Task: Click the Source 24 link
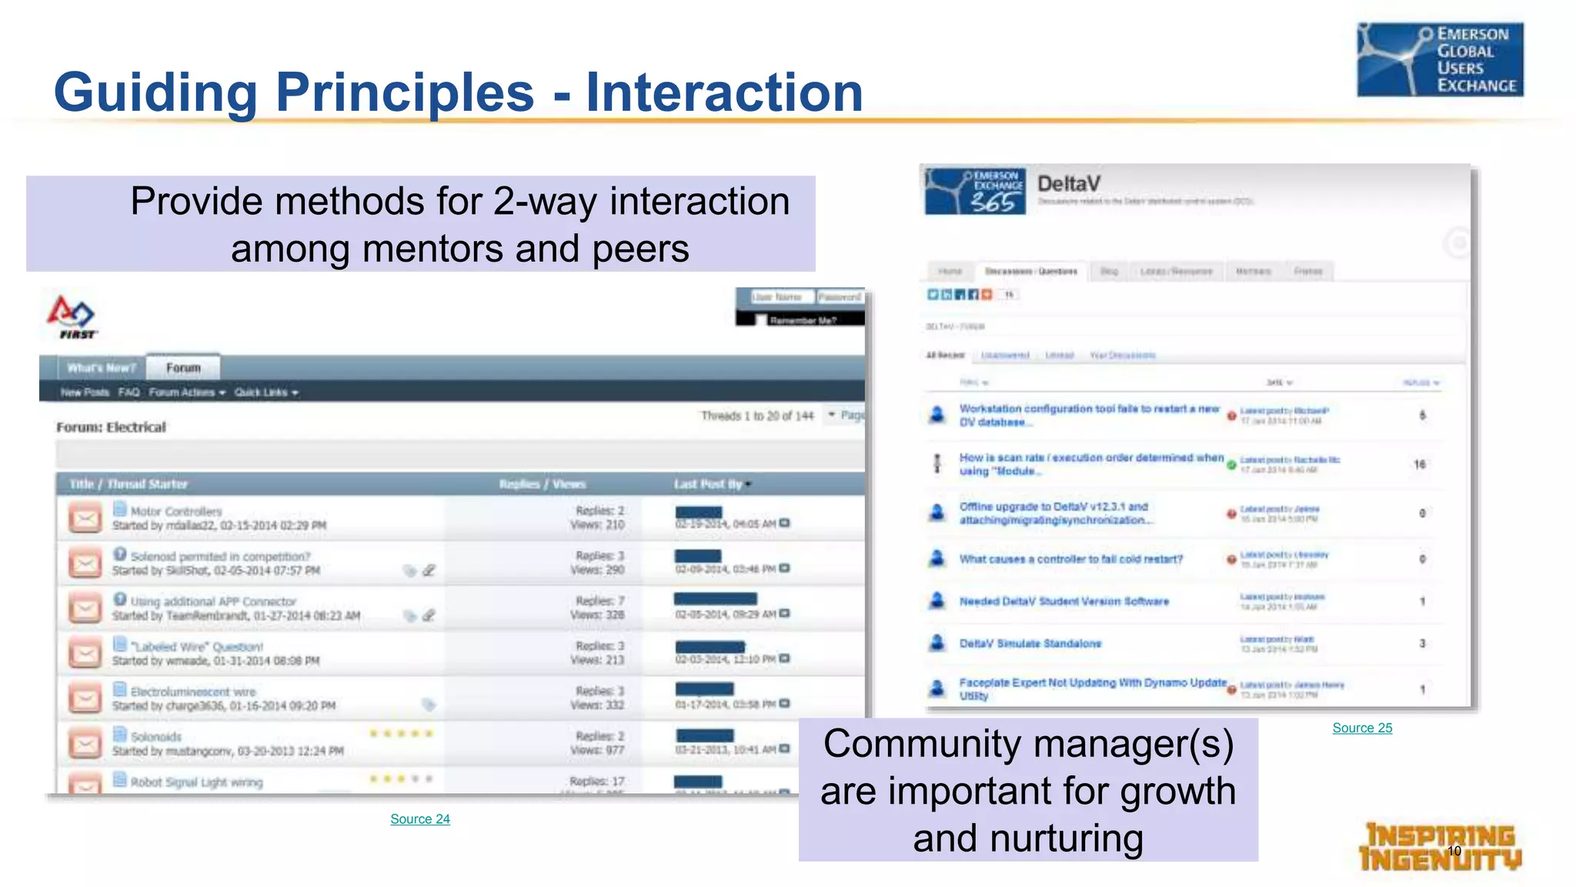[419, 819]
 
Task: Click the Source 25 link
[1362, 728]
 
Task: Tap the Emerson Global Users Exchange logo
[1440, 60]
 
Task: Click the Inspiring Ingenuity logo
[1440, 847]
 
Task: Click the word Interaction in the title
[724, 92]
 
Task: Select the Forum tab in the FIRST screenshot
[183, 368]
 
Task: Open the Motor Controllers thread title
[176, 511]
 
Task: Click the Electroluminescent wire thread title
[192, 691]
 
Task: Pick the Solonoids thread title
[156, 737]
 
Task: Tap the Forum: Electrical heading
[111, 427]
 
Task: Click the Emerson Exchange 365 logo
[975, 192]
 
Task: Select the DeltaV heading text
[1068, 184]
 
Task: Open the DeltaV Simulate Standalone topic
[1030, 644]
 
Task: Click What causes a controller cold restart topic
[1070, 559]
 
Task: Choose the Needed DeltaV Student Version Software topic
[1063, 601]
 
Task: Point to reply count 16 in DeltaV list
[1420, 464]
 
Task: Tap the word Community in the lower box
[921, 745]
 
